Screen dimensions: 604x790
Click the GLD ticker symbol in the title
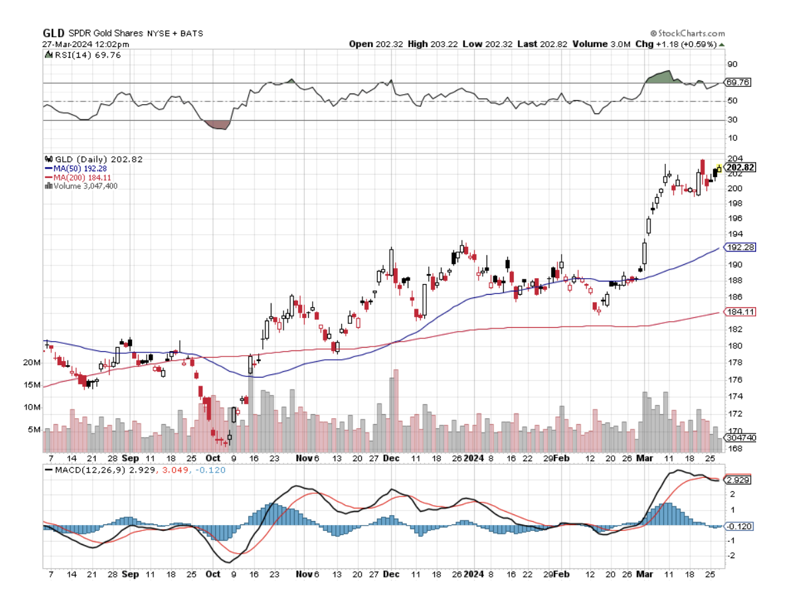(52, 33)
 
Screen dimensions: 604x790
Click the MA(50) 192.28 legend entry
(80, 169)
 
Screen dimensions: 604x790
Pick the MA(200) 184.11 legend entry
(80, 177)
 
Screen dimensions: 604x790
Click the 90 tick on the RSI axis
(732, 64)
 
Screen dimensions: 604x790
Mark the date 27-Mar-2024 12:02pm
(86, 44)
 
